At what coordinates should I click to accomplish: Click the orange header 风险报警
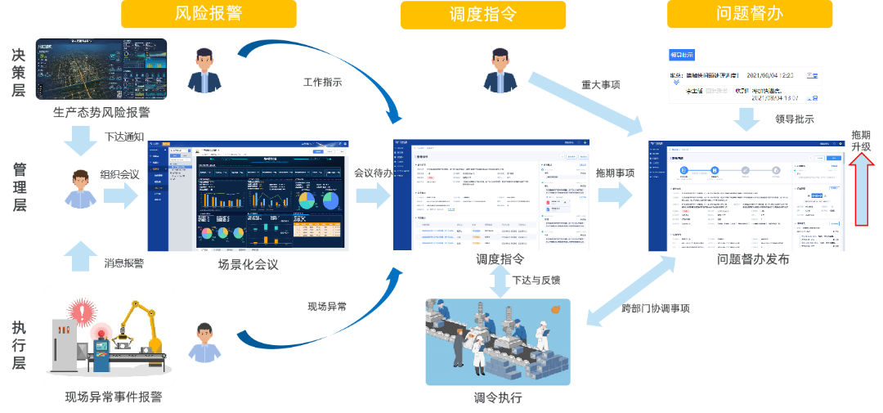(x=209, y=14)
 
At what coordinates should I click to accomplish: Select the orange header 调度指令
(x=483, y=14)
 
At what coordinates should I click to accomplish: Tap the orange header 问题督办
(x=750, y=14)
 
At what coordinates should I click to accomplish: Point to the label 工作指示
(x=322, y=82)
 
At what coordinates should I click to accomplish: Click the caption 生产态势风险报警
(x=101, y=111)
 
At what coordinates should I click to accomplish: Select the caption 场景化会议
(x=248, y=265)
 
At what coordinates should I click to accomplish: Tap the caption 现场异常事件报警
(x=114, y=397)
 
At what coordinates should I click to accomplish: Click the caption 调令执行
(x=497, y=398)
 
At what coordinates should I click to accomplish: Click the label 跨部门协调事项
(x=655, y=309)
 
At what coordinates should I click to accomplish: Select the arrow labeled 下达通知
(x=80, y=146)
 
